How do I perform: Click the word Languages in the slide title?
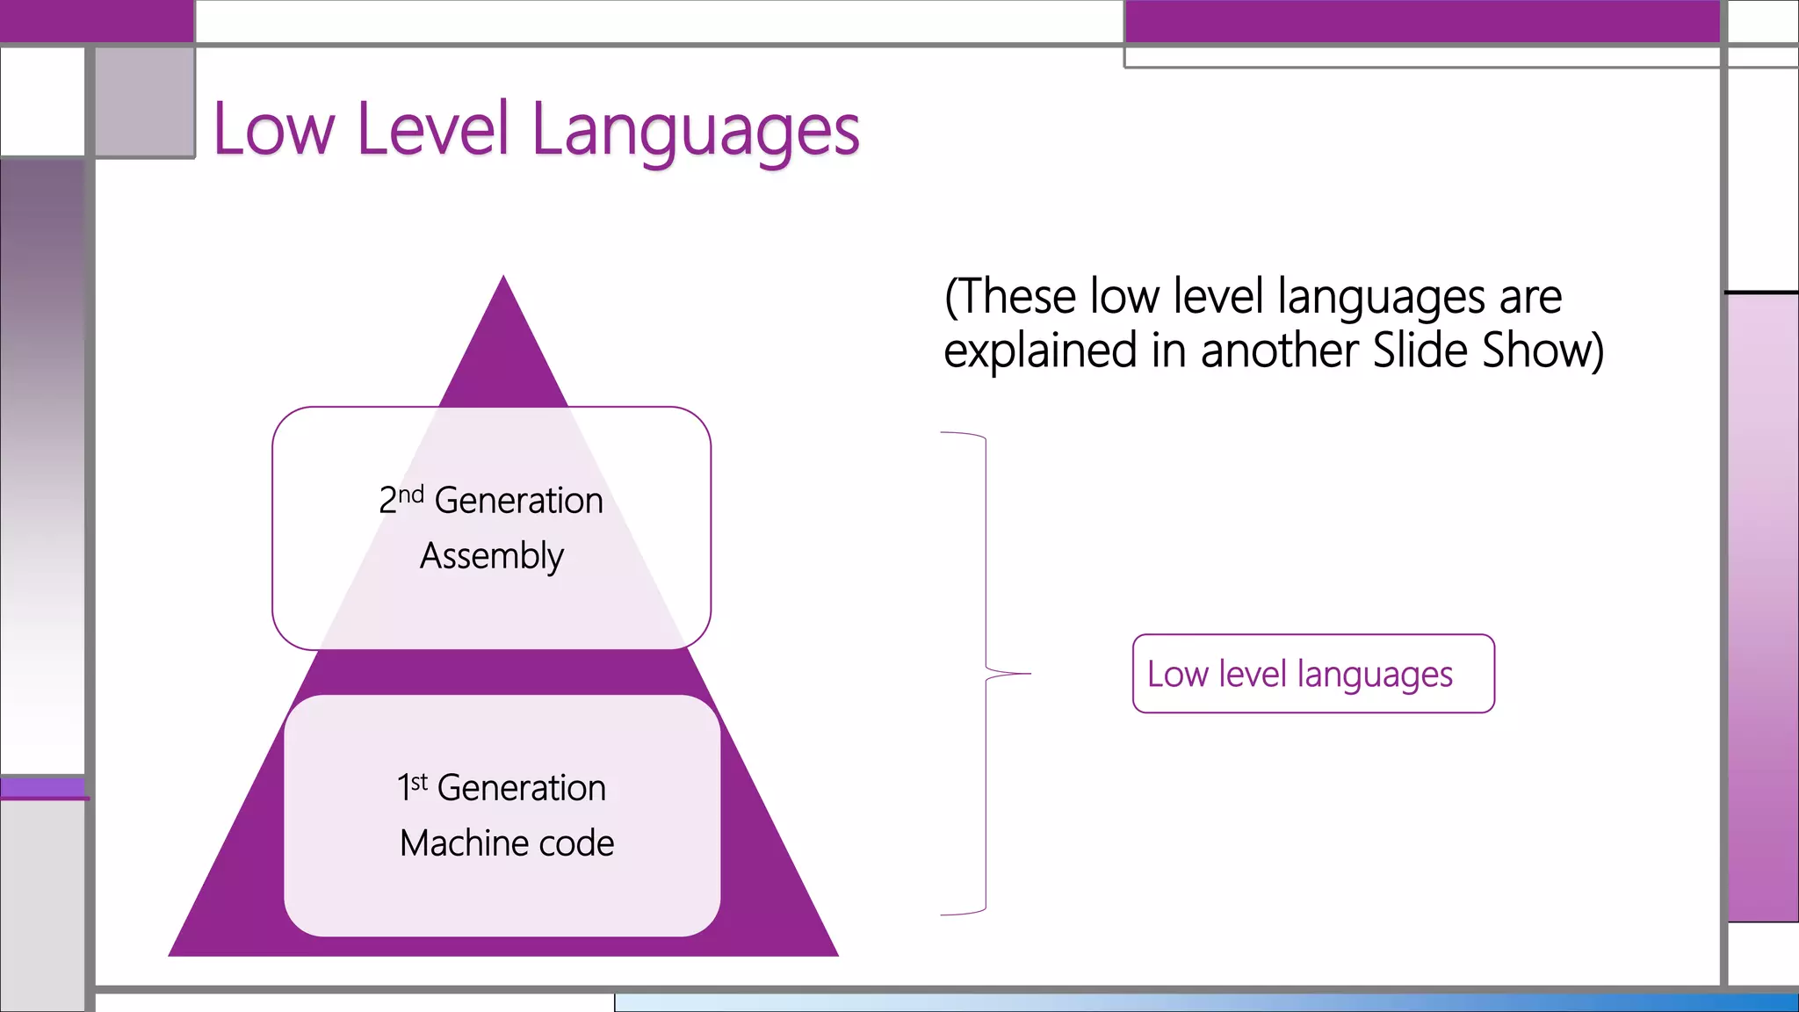coord(696,130)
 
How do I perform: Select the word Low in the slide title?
coord(274,130)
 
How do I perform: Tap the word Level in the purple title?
coord(433,130)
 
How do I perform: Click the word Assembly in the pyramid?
coord(492,556)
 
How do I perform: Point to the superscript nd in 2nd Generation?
coord(411,494)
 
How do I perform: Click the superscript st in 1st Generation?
coord(419,781)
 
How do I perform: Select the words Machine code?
coord(507,843)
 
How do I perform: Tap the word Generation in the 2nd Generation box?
coord(519,501)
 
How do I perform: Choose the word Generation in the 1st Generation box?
coord(522,788)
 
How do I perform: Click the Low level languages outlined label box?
coord(1313,674)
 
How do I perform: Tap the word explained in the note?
coord(1040,351)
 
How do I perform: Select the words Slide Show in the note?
coord(1485,351)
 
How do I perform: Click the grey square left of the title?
coord(145,102)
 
